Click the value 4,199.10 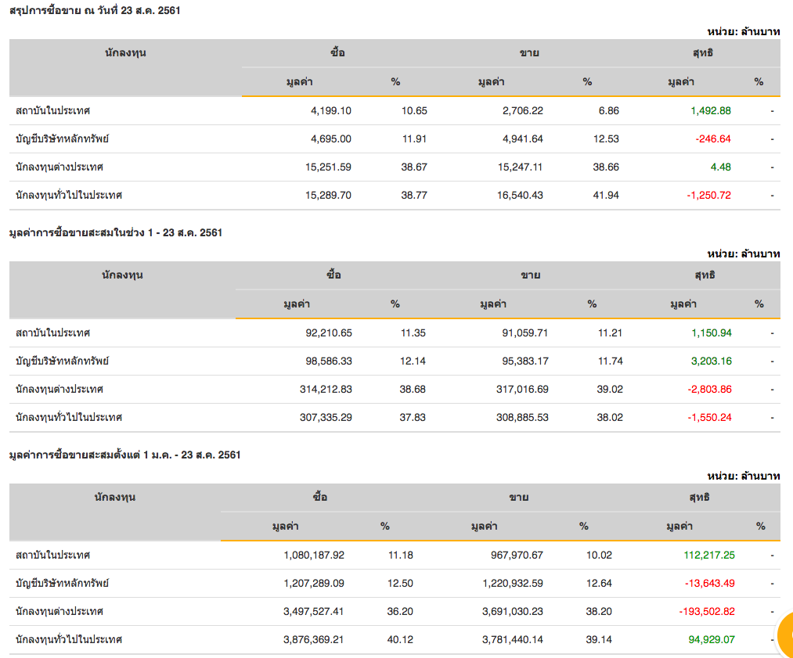(330, 110)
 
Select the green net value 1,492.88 (710, 110)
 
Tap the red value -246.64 (712, 138)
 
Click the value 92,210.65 (329, 333)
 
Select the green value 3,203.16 (711, 361)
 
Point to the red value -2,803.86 (709, 389)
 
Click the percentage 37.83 (413, 417)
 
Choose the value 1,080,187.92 (314, 555)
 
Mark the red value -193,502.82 (704, 611)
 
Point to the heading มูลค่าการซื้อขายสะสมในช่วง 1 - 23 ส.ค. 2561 (115, 232)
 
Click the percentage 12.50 (400, 583)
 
